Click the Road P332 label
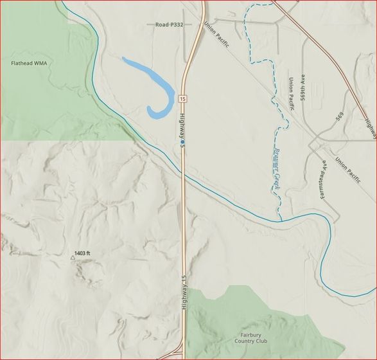(x=170, y=24)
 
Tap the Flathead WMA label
(x=30, y=64)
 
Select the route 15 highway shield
(x=182, y=99)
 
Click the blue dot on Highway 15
(x=182, y=141)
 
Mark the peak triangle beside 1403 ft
(x=72, y=258)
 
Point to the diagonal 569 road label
(x=338, y=116)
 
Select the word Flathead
(x=22, y=64)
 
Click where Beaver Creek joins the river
(x=281, y=221)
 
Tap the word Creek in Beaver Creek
(x=274, y=179)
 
